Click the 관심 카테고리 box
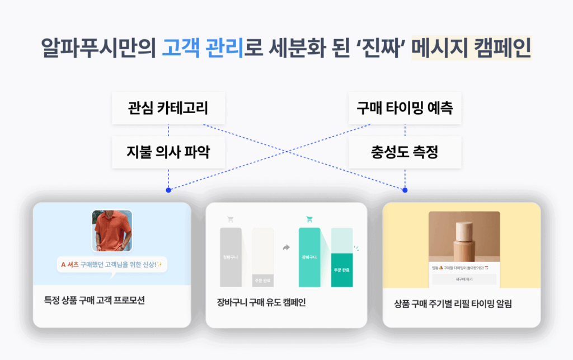pos(168,108)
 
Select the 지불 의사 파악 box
pos(168,152)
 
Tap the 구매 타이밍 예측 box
pos(405,108)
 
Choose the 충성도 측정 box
pos(405,152)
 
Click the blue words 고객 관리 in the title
pos(203,47)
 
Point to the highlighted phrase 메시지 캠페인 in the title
pos(471,47)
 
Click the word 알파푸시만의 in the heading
pos(98,47)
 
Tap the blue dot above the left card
pos(168,190)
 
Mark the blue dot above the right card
pos(405,190)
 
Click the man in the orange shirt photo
pos(112,230)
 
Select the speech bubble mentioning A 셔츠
pos(112,264)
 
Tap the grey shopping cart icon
pos(231,219)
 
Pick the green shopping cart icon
pos(309,219)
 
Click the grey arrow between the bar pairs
pos(286,247)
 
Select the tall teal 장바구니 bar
pos(309,257)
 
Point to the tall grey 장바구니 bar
pos(231,257)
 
